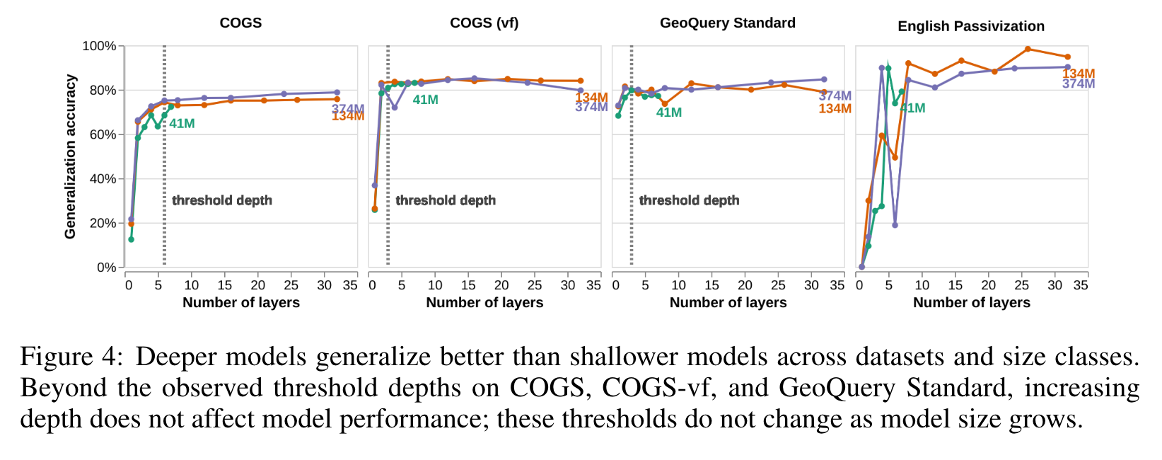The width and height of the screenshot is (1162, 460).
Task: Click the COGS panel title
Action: coord(240,23)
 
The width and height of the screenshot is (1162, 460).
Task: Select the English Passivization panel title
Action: coord(970,26)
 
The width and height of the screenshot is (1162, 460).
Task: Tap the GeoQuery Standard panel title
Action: coord(727,23)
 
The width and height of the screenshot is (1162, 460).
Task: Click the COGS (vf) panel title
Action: coord(484,23)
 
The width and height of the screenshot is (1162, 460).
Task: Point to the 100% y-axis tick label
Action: coord(99,46)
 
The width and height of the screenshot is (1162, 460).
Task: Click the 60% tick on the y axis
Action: coord(103,134)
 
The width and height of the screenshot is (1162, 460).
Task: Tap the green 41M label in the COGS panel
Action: coord(182,124)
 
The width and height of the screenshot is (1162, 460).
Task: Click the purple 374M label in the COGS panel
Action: coord(347,108)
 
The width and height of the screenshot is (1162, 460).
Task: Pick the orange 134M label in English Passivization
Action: coord(1078,74)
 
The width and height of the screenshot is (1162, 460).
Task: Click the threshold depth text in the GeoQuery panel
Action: coord(689,200)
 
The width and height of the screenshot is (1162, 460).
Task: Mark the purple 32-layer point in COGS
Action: coord(337,93)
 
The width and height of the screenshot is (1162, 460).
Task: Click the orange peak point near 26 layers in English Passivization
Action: coord(1028,49)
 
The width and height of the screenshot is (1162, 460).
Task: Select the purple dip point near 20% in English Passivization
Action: coord(895,225)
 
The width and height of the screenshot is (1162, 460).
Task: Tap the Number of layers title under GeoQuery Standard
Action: coord(728,303)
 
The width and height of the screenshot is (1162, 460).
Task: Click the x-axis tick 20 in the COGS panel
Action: coord(257,285)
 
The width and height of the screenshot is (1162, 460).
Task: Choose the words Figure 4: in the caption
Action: coord(71,356)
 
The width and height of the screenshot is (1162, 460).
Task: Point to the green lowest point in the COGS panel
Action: coord(131,239)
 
